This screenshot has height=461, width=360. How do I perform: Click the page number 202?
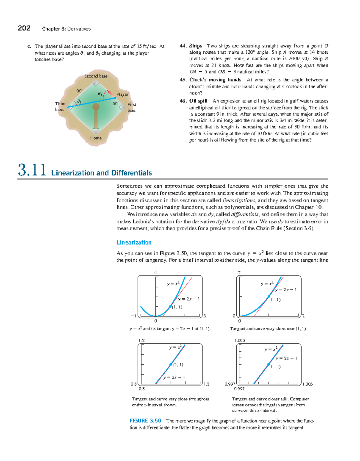pyautogui.click(x=24, y=28)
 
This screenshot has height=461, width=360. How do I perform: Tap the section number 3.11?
pyautogui.click(x=32, y=170)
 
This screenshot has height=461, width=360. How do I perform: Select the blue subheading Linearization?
pyautogui.click(x=134, y=242)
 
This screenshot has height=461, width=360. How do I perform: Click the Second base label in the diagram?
pyautogui.click(x=96, y=76)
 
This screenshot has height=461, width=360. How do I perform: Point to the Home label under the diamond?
pyautogui.click(x=96, y=138)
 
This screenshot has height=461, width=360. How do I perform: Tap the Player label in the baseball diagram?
pyautogui.click(x=122, y=94)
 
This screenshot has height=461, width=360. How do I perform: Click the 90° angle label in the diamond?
pyautogui.click(x=79, y=91)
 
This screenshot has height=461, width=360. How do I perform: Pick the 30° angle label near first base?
pyautogui.click(x=115, y=104)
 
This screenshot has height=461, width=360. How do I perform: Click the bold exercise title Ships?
pyautogui.click(x=195, y=46)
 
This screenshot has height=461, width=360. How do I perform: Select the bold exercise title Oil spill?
pyautogui.click(x=198, y=101)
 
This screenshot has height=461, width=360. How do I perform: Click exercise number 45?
pyautogui.click(x=183, y=80)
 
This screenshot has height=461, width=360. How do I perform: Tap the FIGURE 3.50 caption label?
pyautogui.click(x=145, y=421)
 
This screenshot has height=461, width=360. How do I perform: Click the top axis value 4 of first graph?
pyautogui.click(x=155, y=273)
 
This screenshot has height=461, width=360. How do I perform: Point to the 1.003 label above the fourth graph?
pyautogui.click(x=239, y=340)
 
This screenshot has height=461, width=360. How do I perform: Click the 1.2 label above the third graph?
pyautogui.click(x=141, y=340)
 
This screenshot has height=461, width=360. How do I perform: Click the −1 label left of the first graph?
pyautogui.click(x=133, y=316)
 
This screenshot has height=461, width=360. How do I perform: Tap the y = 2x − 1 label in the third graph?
pyautogui.click(x=174, y=377)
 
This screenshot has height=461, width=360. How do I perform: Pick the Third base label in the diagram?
pyautogui.click(x=60, y=107)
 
